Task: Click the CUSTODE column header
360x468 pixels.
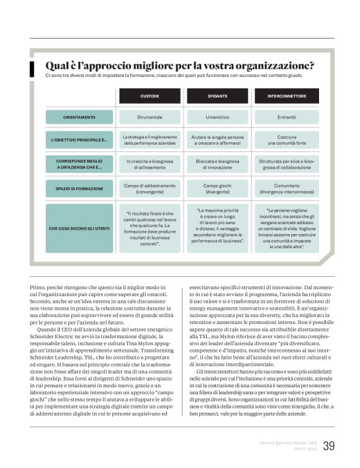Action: [x=149, y=96]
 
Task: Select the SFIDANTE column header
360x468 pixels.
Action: [x=217, y=96]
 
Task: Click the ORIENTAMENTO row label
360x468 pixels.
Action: [x=79, y=117]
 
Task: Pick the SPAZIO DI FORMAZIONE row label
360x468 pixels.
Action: [x=79, y=187]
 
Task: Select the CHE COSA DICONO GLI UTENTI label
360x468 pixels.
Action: [x=79, y=228]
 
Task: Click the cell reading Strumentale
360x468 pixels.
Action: [x=149, y=117]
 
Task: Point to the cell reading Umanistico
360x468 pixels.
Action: [x=217, y=117]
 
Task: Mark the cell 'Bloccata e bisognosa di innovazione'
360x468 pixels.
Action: [x=217, y=164]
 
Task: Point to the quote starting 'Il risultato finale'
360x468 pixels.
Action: [x=149, y=228]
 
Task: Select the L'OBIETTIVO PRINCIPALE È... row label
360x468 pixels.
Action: [x=79, y=140]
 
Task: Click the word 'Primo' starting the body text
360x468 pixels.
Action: [x=37, y=287]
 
